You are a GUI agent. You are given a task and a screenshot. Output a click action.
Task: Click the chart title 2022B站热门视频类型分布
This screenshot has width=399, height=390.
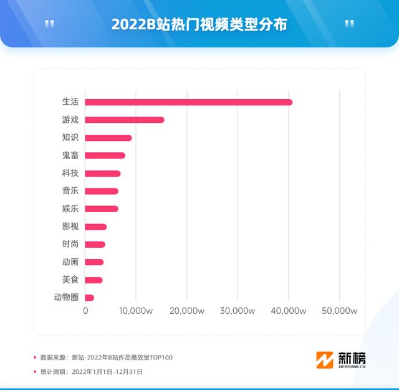click(199, 24)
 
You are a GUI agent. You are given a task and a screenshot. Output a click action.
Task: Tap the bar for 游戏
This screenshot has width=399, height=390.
click(125, 120)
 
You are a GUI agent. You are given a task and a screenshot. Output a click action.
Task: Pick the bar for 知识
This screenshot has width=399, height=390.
click(108, 137)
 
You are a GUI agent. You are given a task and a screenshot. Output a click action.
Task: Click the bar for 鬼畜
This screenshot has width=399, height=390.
click(105, 155)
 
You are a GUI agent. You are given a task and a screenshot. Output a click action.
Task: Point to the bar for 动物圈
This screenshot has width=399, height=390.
click(89, 298)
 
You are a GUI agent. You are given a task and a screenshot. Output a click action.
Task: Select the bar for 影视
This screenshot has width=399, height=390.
click(96, 227)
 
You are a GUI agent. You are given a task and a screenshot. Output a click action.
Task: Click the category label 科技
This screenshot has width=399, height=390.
click(70, 173)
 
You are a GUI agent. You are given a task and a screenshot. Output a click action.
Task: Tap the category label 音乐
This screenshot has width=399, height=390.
click(70, 191)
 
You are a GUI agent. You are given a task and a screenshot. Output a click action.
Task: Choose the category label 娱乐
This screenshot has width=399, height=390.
click(70, 209)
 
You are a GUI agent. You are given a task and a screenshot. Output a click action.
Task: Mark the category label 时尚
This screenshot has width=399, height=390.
click(70, 245)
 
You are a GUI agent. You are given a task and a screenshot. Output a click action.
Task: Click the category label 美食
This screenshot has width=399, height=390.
click(70, 280)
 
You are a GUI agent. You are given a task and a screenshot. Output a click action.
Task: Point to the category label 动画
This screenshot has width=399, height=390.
click(70, 262)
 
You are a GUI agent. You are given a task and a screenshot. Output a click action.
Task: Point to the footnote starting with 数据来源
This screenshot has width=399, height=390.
click(106, 358)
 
